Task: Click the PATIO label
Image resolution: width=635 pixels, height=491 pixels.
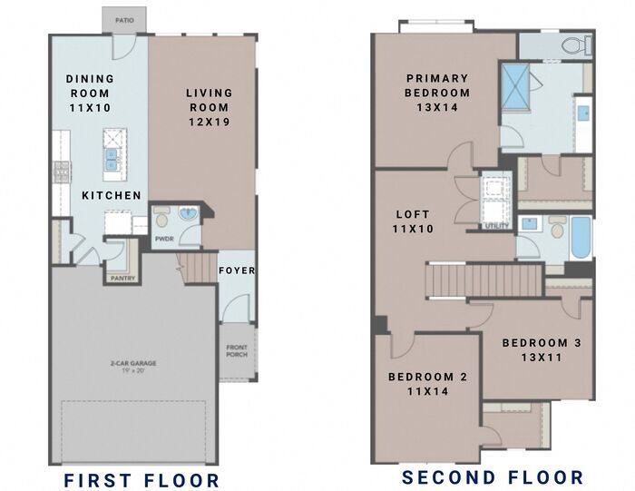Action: [x=125, y=20]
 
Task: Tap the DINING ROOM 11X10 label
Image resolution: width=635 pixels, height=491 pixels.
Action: [x=90, y=93]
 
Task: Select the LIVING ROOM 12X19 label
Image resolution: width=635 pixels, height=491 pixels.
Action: [x=210, y=107]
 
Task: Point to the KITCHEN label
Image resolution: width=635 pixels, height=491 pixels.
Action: [x=112, y=195]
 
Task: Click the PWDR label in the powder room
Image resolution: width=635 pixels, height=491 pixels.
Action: [x=164, y=239]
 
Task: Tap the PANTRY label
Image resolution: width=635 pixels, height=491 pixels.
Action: [x=122, y=279]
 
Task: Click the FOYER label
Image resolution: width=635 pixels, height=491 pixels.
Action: [x=237, y=270]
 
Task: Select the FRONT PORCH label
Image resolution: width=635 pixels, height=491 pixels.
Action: [x=237, y=351]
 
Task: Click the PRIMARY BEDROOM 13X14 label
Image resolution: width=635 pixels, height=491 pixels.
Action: [x=437, y=93]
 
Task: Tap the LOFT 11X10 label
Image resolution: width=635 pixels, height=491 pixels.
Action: [x=413, y=221]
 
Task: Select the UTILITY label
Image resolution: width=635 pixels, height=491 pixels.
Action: [x=496, y=226]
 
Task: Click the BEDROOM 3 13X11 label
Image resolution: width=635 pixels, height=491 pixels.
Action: [x=542, y=350]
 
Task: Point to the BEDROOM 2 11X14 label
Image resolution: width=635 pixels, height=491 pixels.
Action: [x=428, y=384]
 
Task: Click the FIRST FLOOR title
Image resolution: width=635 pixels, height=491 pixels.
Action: [x=142, y=480]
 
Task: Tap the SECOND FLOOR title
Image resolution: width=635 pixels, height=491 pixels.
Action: [x=493, y=477]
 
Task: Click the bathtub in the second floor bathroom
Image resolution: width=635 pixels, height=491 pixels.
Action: [x=581, y=238]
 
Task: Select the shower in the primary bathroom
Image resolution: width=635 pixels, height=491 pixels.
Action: [x=515, y=87]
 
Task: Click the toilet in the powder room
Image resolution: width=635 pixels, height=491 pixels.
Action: [x=162, y=218]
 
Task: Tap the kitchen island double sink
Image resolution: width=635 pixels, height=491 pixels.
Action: [x=112, y=159]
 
